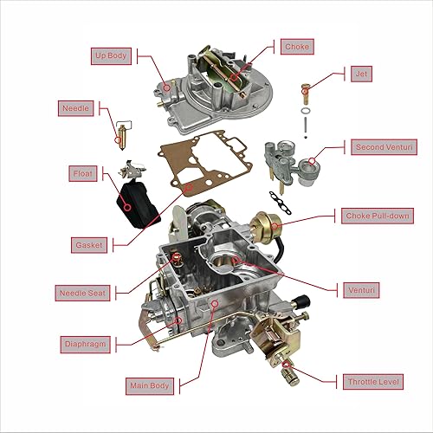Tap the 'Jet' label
pyautogui.click(x=362, y=74)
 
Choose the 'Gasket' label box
pyautogui.click(x=89, y=245)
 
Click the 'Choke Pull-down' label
pyautogui.click(x=379, y=216)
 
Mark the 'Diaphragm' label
pyautogui.click(x=86, y=343)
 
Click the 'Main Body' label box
pyautogui.click(x=149, y=385)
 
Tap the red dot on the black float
pyautogui.click(x=126, y=206)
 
